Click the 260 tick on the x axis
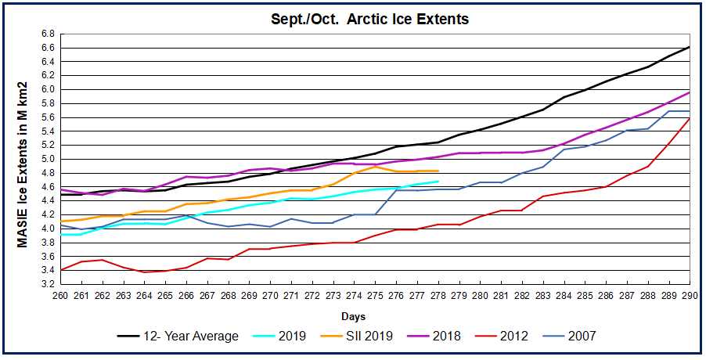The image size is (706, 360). pyautogui.click(x=60, y=295)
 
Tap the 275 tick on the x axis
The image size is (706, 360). pyautogui.click(x=375, y=295)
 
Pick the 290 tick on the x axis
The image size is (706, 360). pyautogui.click(x=690, y=295)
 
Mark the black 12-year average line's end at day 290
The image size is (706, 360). pyautogui.click(x=690, y=47)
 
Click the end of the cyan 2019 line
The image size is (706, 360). pyautogui.click(x=438, y=182)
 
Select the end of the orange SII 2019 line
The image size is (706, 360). pyautogui.click(x=438, y=171)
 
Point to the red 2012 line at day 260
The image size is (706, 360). pyautogui.click(x=60, y=269)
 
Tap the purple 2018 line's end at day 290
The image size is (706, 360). pyautogui.click(x=690, y=92)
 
